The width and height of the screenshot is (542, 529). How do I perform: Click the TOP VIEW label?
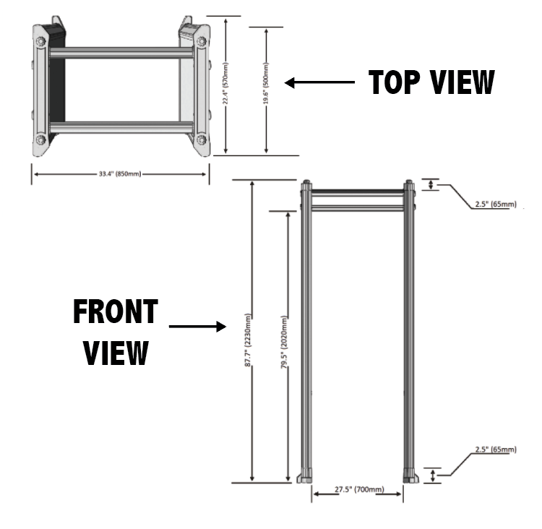tap(431, 82)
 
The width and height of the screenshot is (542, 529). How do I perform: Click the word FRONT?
tap(115, 312)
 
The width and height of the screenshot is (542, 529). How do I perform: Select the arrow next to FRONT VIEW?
tap(197, 327)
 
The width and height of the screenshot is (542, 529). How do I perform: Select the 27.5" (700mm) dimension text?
tap(358, 491)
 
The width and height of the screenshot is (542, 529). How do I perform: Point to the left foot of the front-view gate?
tap(306, 477)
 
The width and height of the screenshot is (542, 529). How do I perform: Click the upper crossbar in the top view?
tap(121, 53)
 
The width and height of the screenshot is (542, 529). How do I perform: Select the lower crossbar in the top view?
tap(121, 127)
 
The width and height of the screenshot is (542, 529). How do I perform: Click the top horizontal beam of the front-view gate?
tap(358, 192)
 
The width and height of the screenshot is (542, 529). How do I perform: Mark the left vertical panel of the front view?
tap(306, 332)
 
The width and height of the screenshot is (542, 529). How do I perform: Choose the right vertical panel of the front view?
tap(409, 332)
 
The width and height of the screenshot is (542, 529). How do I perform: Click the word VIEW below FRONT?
tap(116, 353)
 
